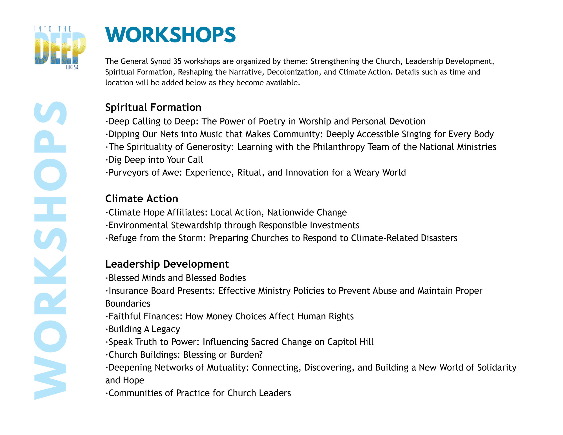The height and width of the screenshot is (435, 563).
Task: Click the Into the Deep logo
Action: point(60,48)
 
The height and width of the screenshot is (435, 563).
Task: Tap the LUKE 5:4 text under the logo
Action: point(72,67)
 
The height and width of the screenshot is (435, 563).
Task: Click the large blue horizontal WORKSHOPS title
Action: point(170,35)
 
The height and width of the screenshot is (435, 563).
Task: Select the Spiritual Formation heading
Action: point(153,107)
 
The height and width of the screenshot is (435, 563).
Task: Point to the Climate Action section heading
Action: point(142,199)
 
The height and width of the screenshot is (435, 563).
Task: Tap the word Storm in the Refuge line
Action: point(193,238)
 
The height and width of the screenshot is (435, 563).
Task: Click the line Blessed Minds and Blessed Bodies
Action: point(176,278)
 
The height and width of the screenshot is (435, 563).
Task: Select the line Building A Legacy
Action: point(143,329)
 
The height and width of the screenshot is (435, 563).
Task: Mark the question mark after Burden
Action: point(261,355)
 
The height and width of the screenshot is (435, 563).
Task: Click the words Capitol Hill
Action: point(350,342)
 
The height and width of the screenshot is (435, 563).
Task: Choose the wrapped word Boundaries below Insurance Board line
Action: point(128,303)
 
